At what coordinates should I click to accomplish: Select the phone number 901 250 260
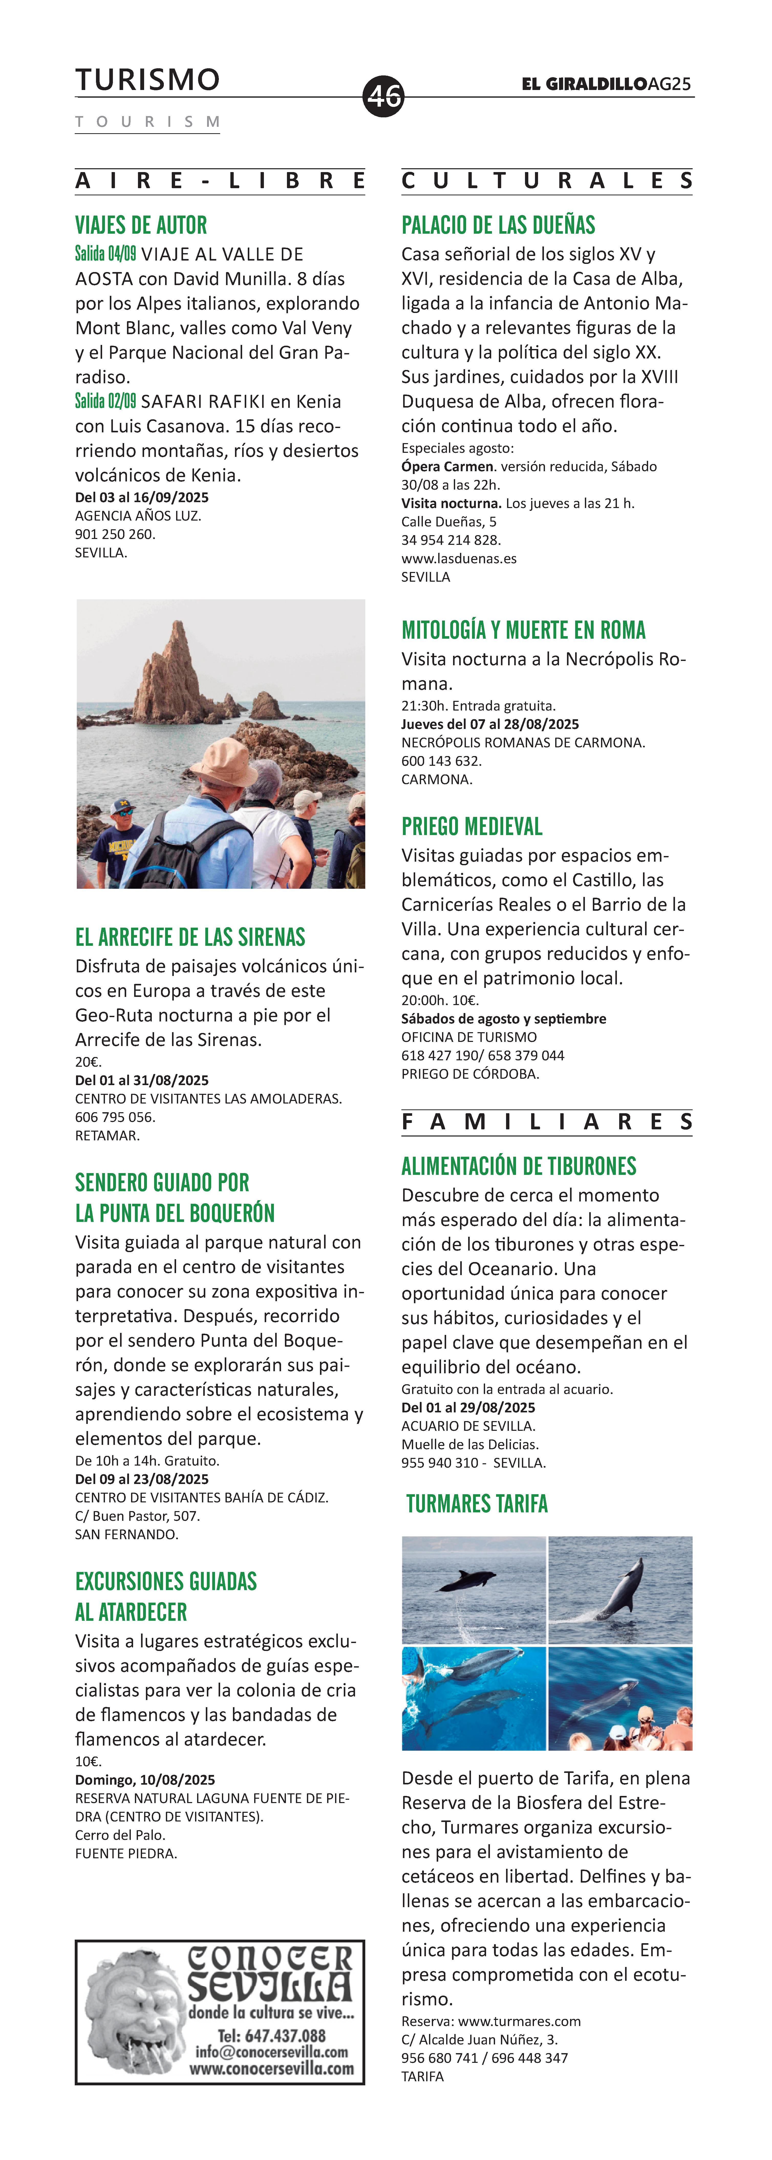(x=115, y=534)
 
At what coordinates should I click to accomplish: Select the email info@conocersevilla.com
(x=271, y=2052)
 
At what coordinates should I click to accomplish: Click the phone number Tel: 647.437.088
(x=271, y=2035)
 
